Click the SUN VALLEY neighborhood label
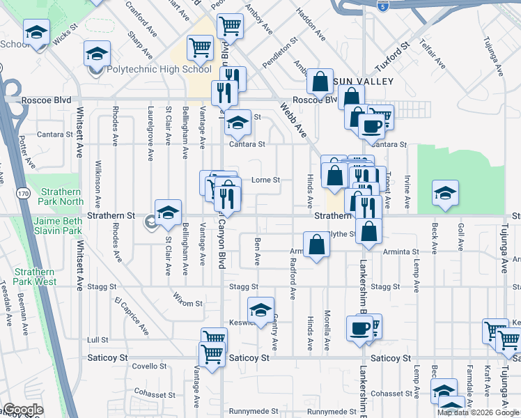[x=365, y=82]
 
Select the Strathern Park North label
[x=62, y=196]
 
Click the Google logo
[x=24, y=410]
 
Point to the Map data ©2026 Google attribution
[x=478, y=412]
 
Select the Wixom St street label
[x=188, y=304]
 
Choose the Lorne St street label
[x=265, y=180]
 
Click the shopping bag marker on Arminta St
[x=316, y=245]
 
